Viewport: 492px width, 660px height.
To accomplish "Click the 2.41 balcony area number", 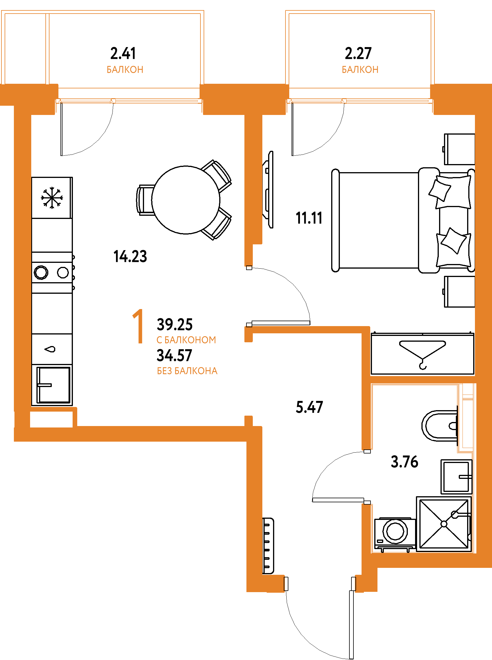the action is pyautogui.click(x=123, y=53).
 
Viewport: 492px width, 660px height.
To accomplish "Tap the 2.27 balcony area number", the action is pyautogui.click(x=358, y=53).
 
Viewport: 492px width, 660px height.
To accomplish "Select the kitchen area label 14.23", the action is pyautogui.click(x=130, y=256).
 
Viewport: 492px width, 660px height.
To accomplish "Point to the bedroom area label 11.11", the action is pyautogui.click(x=309, y=218).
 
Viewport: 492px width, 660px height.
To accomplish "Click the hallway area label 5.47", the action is pyautogui.click(x=309, y=407).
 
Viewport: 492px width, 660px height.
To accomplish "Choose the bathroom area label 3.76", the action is pyautogui.click(x=404, y=462).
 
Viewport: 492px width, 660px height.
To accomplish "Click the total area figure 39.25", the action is pyautogui.click(x=175, y=324).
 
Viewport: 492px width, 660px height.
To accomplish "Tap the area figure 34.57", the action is pyautogui.click(x=174, y=356).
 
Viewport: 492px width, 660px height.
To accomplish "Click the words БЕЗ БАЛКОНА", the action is pyautogui.click(x=187, y=371).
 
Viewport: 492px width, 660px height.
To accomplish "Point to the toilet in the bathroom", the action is pyautogui.click(x=440, y=426).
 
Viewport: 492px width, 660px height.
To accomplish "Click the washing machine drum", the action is pyautogui.click(x=395, y=531).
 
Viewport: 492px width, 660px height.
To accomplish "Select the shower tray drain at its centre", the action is pyautogui.click(x=444, y=524).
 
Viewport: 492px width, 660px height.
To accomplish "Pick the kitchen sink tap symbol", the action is pyautogui.click(x=50, y=349).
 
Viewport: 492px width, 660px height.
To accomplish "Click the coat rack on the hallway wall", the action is pyautogui.click(x=268, y=546).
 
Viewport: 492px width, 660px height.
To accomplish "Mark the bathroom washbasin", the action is pyautogui.click(x=456, y=477).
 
